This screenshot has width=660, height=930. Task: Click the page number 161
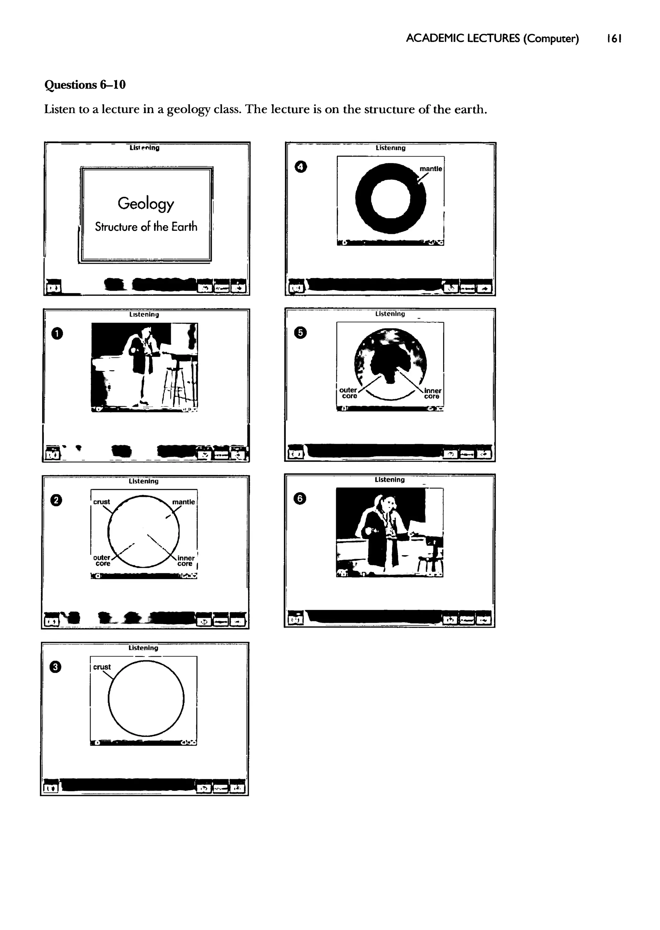(x=614, y=39)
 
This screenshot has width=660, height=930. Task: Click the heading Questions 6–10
(x=85, y=85)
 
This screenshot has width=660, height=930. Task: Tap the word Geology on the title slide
(x=146, y=204)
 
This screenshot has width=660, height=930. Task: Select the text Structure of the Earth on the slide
(x=146, y=227)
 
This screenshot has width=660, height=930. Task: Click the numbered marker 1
(x=57, y=334)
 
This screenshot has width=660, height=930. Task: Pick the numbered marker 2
(x=56, y=500)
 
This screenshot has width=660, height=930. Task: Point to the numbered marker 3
(x=55, y=667)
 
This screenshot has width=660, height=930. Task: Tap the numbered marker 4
(x=301, y=167)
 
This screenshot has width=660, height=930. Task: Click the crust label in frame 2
(x=102, y=502)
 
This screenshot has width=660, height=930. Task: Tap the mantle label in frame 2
(x=183, y=502)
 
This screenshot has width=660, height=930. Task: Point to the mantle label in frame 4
(x=431, y=169)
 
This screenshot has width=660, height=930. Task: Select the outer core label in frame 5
(x=349, y=393)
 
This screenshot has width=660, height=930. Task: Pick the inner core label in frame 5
(x=432, y=393)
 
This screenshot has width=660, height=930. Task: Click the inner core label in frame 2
(x=186, y=561)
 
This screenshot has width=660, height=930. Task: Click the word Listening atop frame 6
(x=389, y=480)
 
